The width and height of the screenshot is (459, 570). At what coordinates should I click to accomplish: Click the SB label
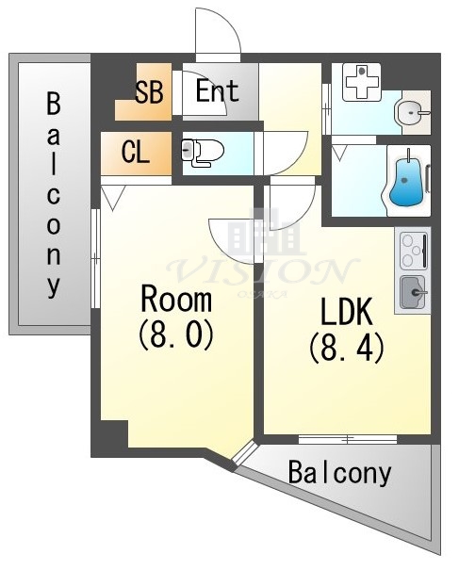[150, 92]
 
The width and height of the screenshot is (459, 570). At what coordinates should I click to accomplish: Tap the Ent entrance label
[217, 92]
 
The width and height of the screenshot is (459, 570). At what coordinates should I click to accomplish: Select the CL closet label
[137, 152]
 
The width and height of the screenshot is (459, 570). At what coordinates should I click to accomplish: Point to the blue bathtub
[406, 180]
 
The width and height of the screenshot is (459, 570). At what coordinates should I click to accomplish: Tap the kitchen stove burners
[413, 252]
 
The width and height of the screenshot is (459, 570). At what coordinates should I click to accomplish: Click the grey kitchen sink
[412, 293]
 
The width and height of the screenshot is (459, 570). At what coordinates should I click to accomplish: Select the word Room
[175, 301]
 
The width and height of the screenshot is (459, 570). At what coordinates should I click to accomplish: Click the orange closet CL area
[137, 153]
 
